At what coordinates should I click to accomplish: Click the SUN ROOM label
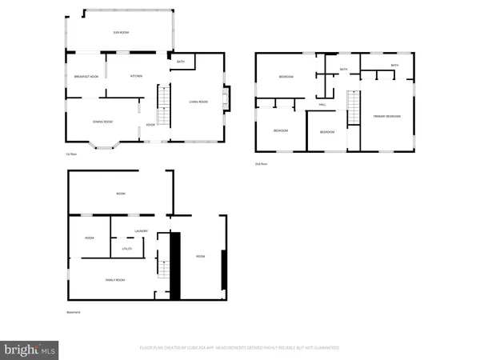point(120,32)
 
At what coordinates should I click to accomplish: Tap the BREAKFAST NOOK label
point(84,76)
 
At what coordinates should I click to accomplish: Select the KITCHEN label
point(137,76)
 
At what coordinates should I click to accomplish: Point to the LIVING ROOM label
point(198,102)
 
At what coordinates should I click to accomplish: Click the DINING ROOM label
point(103,122)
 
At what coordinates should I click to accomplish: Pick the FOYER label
point(150,124)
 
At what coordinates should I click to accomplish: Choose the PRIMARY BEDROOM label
point(386,117)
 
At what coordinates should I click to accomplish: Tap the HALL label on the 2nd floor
point(322,105)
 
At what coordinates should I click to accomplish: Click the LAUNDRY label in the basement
point(142,232)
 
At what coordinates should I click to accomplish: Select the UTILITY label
point(126,250)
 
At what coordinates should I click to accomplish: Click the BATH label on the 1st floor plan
point(181,62)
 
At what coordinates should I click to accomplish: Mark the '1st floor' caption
point(71,154)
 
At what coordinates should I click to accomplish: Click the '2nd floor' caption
point(260,164)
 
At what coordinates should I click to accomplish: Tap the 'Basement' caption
point(73,312)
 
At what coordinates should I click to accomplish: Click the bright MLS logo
point(30,349)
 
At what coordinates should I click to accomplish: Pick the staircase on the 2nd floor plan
point(350,108)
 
